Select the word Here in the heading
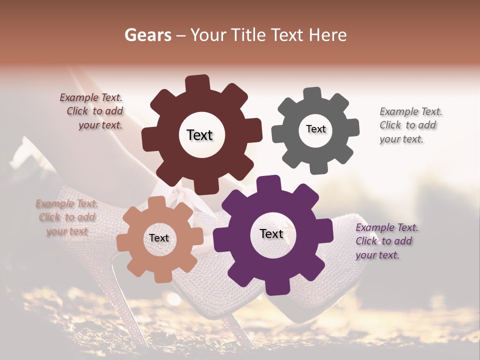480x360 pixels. (x=328, y=35)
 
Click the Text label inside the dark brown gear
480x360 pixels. (x=200, y=135)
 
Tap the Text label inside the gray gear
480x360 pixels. (x=315, y=129)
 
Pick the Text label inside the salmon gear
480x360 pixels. (x=159, y=238)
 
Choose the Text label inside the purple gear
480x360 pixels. (x=271, y=234)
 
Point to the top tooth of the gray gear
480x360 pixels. (x=312, y=94)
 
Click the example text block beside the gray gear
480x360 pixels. (x=407, y=125)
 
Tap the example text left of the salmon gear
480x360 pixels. (x=66, y=217)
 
